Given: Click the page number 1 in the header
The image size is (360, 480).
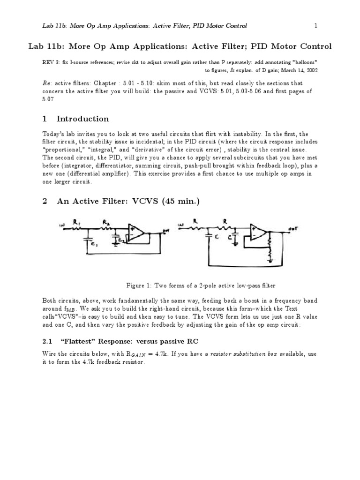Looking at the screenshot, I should click(x=316, y=25).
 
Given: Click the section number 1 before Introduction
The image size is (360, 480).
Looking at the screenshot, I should click(x=45, y=119).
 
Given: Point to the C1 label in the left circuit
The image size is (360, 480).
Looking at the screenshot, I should click(x=94, y=244).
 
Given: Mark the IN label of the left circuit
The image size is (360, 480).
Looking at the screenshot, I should click(x=62, y=226).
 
